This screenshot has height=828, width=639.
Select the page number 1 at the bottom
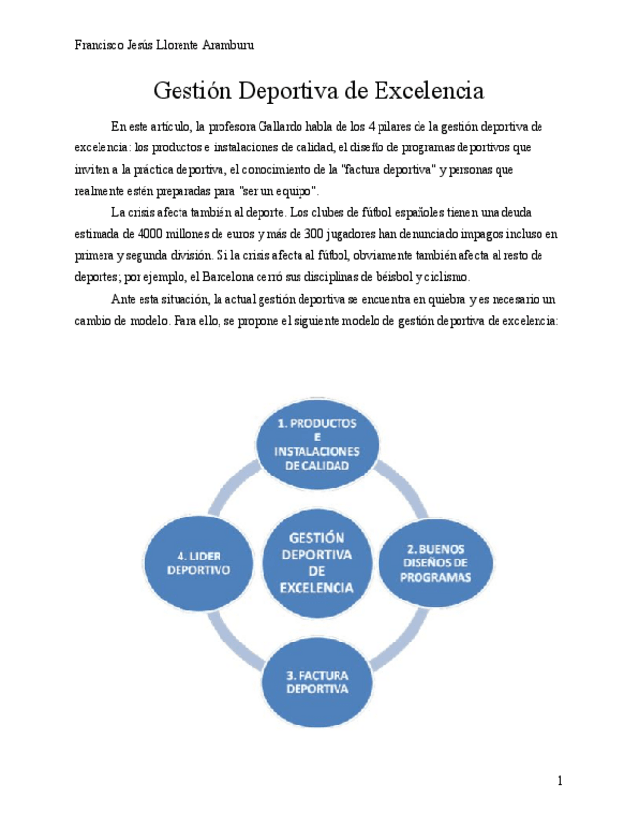click(560, 780)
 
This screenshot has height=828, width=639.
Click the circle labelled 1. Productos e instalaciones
click(316, 443)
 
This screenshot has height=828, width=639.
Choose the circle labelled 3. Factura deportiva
click(316, 682)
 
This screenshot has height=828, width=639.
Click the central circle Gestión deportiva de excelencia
click(316, 562)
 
